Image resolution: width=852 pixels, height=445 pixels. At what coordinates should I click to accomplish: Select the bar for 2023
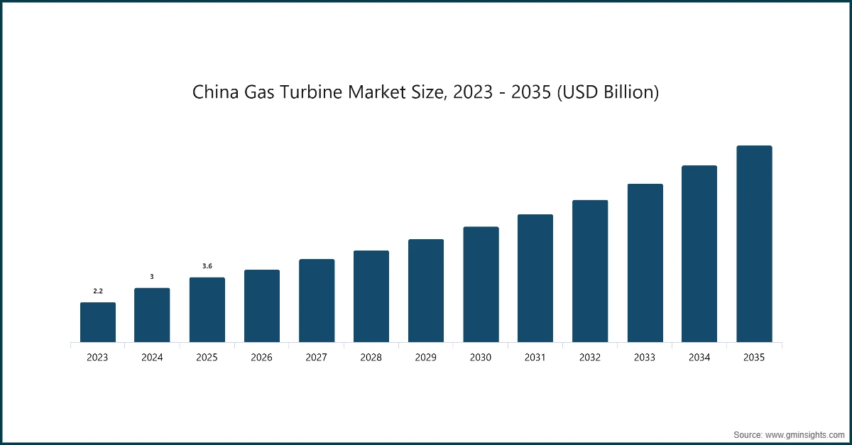[x=97, y=322]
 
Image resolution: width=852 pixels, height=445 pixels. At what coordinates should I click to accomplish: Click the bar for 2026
[x=261, y=306]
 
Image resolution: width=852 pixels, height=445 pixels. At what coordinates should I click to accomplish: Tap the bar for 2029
[x=425, y=291]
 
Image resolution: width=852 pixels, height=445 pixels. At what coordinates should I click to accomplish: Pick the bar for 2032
[x=590, y=271]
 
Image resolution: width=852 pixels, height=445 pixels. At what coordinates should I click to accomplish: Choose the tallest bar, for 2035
[x=754, y=244]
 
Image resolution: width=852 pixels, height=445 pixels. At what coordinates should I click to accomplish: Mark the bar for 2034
[x=699, y=254]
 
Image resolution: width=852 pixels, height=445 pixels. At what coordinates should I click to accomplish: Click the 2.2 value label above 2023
[x=97, y=291]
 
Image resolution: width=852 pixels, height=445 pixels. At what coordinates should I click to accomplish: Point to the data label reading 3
[x=152, y=277]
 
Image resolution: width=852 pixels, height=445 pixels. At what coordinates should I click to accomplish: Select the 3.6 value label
[x=207, y=266]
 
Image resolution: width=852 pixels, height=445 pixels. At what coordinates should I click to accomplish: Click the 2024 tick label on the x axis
[x=152, y=358]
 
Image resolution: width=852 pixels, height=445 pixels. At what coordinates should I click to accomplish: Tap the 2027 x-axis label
[x=316, y=358]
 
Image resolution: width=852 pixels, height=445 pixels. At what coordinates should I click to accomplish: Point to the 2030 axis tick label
[x=481, y=358]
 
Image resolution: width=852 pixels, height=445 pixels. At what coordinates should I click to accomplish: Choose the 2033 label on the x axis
[x=645, y=358]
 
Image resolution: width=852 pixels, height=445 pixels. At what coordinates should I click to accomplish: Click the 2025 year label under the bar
[x=207, y=358]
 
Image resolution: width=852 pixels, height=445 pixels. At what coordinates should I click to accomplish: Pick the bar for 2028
[x=371, y=297]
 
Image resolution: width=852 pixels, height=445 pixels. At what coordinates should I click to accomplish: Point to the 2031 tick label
[x=535, y=358]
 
